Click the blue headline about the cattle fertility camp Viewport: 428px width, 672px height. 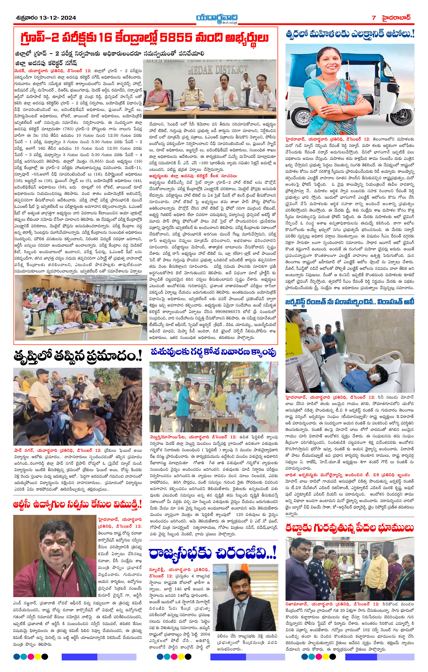[213, 352]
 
